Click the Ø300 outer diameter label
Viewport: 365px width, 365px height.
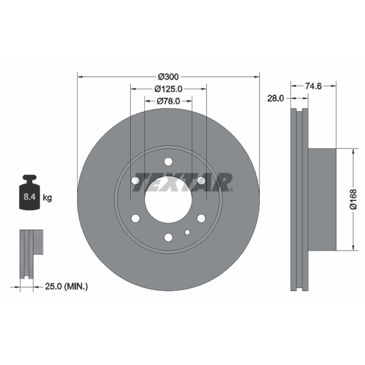click(168, 77)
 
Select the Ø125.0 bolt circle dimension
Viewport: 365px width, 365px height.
click(168, 89)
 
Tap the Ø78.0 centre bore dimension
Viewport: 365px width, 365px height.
click(168, 101)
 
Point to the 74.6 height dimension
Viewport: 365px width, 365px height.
click(313, 86)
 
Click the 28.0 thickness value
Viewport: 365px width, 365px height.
click(276, 99)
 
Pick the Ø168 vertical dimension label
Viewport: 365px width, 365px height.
click(353, 199)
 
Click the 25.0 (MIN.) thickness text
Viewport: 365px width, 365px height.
click(66, 287)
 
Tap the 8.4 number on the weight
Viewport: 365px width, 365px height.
click(29, 197)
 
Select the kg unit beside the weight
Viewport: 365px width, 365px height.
click(47, 198)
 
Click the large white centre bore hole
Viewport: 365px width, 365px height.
click(168, 199)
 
